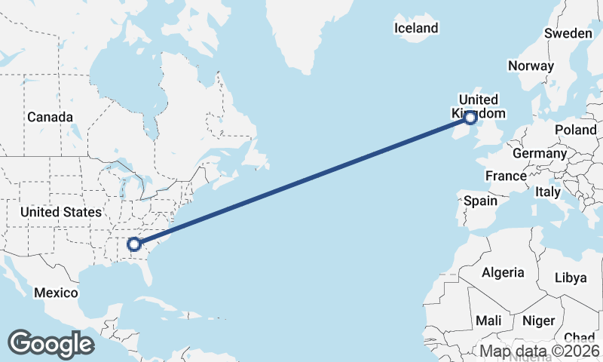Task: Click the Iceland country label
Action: point(416,28)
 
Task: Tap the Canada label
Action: point(50,117)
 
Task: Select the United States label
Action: point(60,212)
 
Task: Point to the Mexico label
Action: point(56,293)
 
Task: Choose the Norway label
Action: point(531,66)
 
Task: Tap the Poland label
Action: point(576,130)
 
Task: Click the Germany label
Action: point(539,153)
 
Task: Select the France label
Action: point(506,176)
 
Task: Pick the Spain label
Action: point(480,201)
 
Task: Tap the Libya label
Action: point(570,278)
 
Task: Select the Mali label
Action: point(488,321)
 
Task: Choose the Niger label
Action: point(538,321)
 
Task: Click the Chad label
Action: point(579,337)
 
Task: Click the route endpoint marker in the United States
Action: point(134,244)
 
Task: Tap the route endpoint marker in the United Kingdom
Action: point(470,118)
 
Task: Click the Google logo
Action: point(51,343)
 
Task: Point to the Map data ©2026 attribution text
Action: point(540,351)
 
